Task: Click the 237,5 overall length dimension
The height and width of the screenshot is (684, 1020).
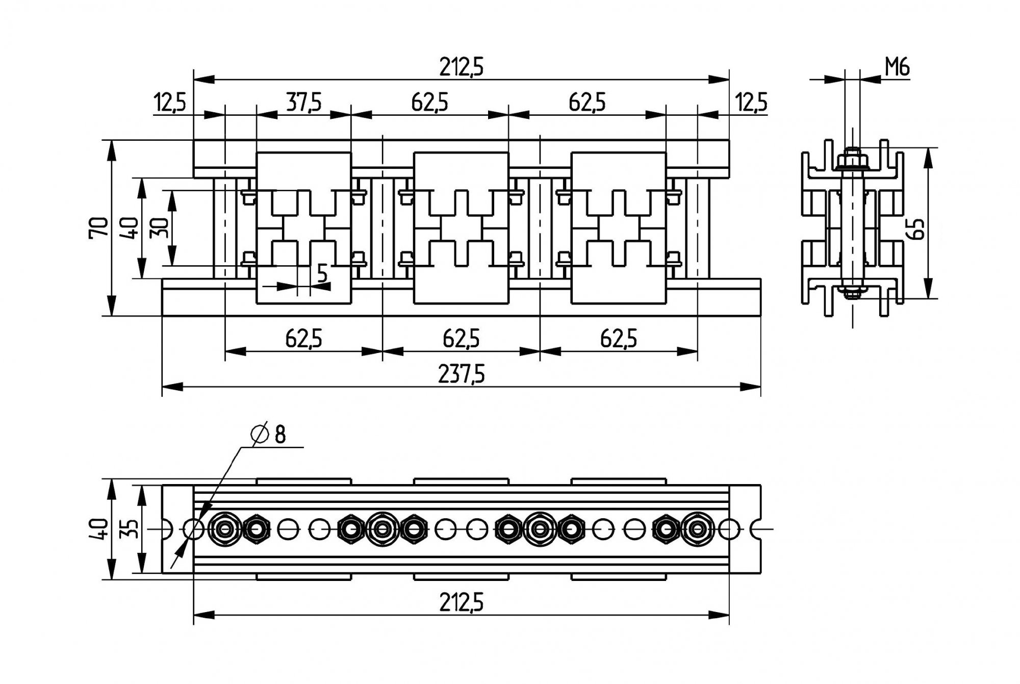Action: [461, 375]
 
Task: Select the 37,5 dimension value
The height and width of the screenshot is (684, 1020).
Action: [303, 103]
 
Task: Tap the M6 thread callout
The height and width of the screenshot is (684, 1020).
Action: [897, 67]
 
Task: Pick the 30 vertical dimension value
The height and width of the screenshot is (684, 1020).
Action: [160, 227]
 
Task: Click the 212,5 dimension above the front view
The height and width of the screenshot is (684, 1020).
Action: [461, 67]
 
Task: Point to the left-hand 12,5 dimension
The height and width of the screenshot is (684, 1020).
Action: [170, 103]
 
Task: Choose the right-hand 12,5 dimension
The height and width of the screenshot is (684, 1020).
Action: [751, 103]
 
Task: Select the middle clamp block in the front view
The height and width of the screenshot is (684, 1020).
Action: [461, 227]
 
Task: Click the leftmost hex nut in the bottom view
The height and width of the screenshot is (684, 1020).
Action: [225, 529]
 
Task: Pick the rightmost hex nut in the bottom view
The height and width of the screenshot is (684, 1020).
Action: [697, 529]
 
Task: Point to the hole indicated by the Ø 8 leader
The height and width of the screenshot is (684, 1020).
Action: [193, 529]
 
